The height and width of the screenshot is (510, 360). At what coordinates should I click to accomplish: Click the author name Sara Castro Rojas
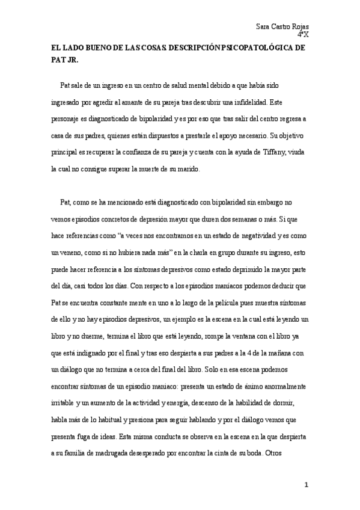(x=286, y=27)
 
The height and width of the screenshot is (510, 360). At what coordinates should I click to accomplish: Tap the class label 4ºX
(x=311, y=35)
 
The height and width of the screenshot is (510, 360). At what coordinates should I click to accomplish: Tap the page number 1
(x=307, y=485)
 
